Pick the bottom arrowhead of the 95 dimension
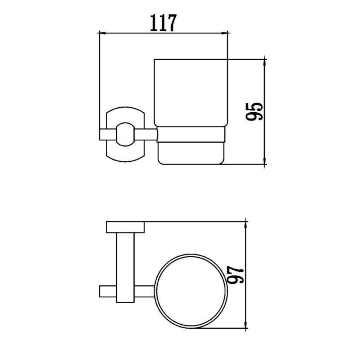(x=265, y=161)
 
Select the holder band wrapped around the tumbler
(x=191, y=135)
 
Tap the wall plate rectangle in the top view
(x=125, y=227)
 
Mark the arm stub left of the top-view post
(x=107, y=291)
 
